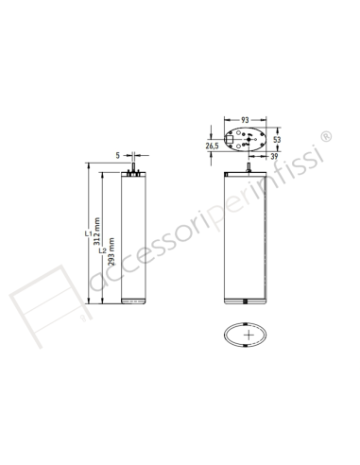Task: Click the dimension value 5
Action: (x=118, y=153)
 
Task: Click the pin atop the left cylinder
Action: (x=134, y=167)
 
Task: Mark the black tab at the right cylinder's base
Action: (x=246, y=302)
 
